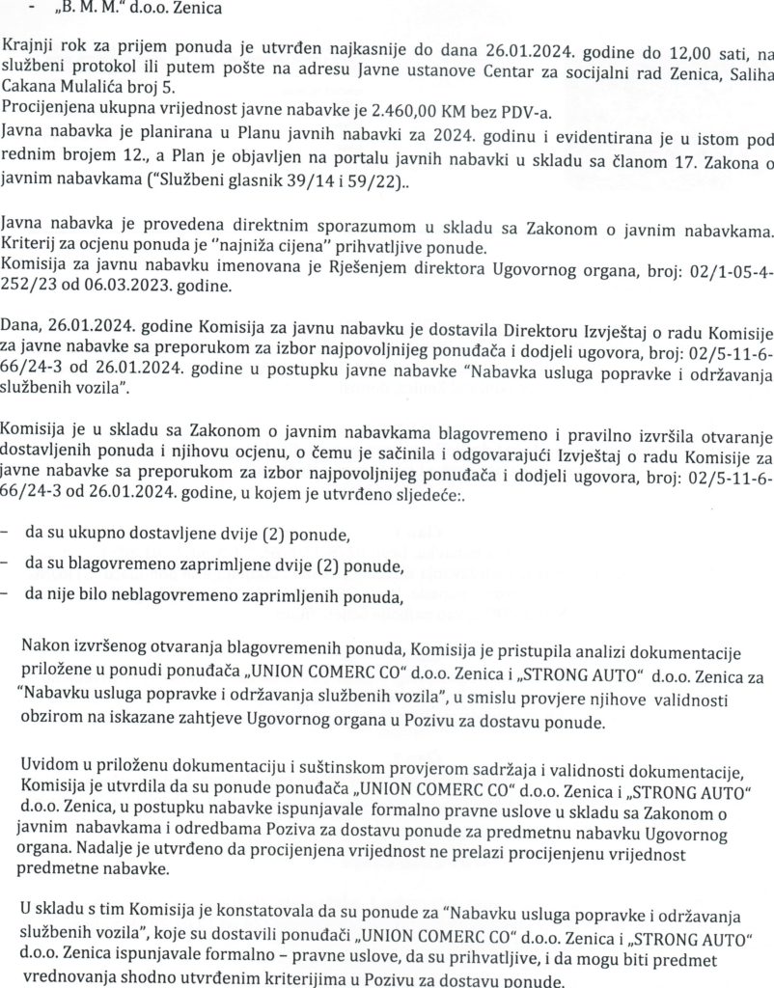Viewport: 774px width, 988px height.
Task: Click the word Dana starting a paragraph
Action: coord(23,327)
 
